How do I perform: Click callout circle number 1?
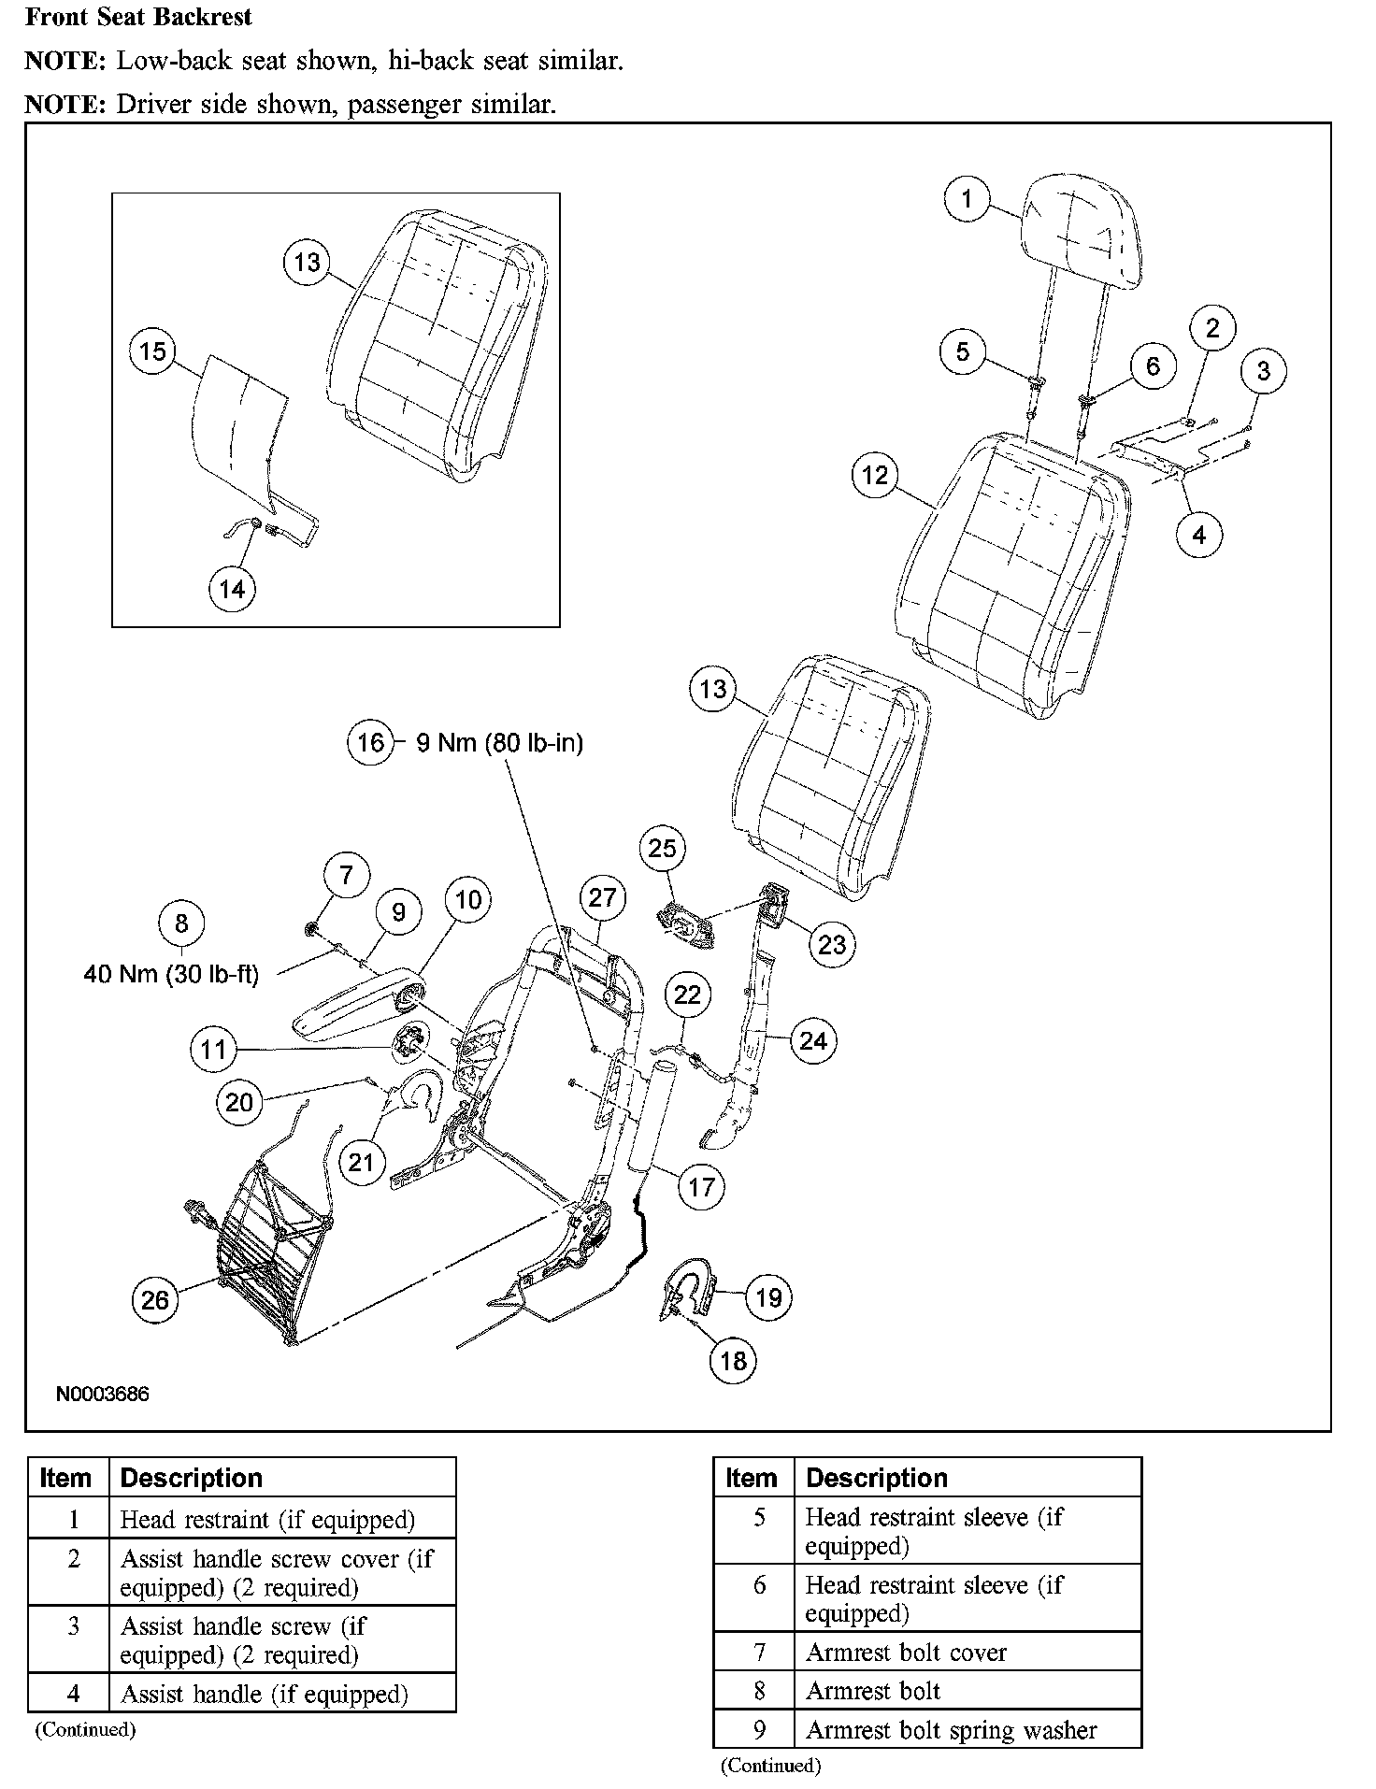coord(967,198)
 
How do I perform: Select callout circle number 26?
coord(155,1299)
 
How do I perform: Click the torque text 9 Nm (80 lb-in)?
coord(499,743)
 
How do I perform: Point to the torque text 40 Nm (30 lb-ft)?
coord(171,974)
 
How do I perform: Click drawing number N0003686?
coord(103,1394)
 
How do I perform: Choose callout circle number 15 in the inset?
coord(152,351)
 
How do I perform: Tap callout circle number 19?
coord(768,1297)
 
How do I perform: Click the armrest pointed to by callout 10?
coord(351,1011)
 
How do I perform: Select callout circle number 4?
coord(1199,535)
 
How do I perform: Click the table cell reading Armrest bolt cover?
coord(906,1652)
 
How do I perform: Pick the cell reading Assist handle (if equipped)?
coord(265,1694)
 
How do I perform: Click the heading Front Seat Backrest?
coord(138,17)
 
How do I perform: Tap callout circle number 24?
coord(813,1040)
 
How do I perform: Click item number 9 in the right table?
coord(759,1729)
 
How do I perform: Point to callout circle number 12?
coord(875,475)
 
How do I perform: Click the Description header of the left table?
coord(192,1478)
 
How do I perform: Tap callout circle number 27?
coord(602,897)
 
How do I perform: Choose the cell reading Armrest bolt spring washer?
coord(951,1729)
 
